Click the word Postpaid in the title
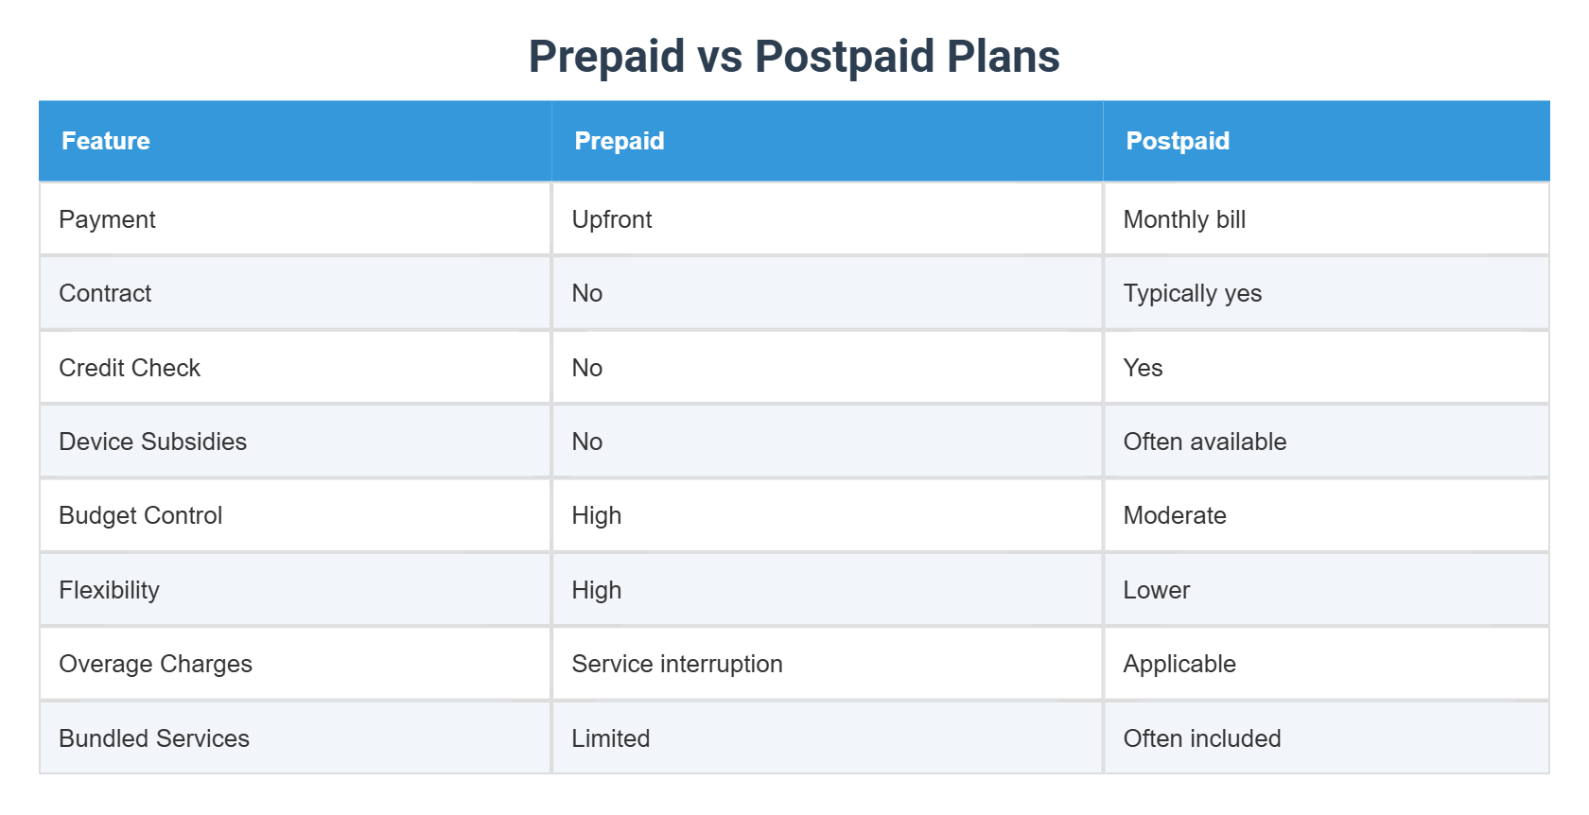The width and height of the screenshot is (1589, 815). pos(845,57)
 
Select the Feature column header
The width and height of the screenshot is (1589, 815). pos(106,141)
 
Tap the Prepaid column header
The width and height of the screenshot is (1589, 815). pos(620,141)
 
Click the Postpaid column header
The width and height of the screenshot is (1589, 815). pos(1178,141)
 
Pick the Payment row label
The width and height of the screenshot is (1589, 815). pos(107,219)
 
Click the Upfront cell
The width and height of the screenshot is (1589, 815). pos(612,219)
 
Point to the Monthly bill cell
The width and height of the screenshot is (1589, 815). pos(1184,219)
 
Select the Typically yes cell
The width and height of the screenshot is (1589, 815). pos(1192,293)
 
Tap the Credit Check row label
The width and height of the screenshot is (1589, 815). pos(130,368)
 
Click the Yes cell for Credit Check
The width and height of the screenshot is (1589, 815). pos(1143,368)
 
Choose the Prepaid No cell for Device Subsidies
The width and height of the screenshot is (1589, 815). pos(587,442)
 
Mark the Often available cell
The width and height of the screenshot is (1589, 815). pos(1204,442)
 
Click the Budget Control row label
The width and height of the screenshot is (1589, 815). pos(140,515)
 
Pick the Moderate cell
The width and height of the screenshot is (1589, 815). pos(1174,515)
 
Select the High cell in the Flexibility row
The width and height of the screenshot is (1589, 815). pos(597,590)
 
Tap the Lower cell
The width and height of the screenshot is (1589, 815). pos(1156,590)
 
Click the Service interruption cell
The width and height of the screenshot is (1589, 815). pos(677,664)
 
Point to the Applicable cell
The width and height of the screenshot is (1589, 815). pos(1179,664)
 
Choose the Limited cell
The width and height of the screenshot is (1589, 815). pos(611,738)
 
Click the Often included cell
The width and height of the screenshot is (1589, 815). pos(1201,738)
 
